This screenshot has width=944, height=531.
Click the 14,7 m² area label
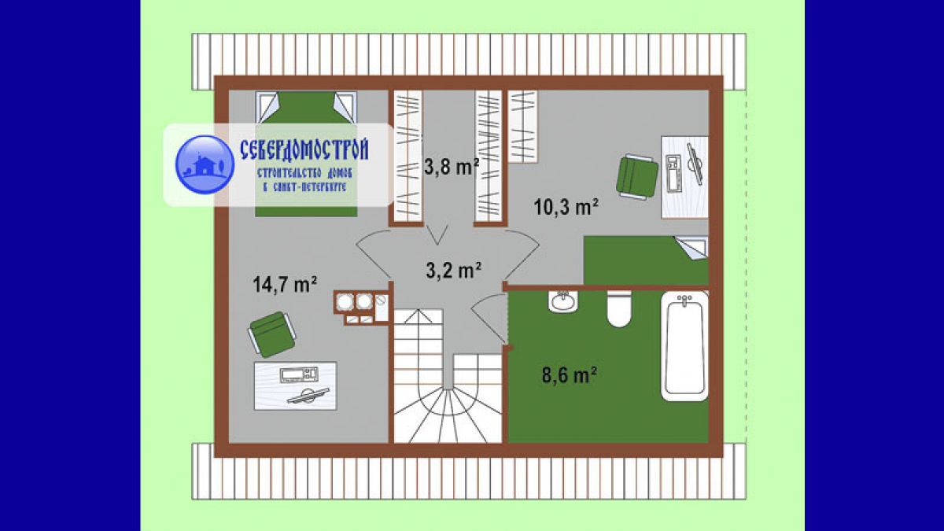click(285, 285)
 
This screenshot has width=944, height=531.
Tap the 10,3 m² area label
click(566, 207)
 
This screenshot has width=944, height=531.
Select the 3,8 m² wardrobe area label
click(452, 167)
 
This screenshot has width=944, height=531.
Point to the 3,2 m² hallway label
click(453, 270)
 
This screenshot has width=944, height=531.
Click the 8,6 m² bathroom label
click(569, 374)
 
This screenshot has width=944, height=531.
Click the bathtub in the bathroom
click(684, 345)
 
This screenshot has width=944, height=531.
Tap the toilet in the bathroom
click(619, 309)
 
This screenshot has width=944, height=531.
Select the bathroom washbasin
click(563, 301)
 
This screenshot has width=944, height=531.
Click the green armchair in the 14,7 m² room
click(272, 334)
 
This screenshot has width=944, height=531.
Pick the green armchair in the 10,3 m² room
click(636, 177)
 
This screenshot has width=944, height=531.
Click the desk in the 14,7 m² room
click(296, 385)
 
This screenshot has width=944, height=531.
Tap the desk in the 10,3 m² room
click(684, 177)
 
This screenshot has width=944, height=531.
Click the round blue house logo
click(205, 164)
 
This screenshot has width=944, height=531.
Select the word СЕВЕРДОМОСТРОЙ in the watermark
click(304, 150)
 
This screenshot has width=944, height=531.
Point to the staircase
click(448, 376)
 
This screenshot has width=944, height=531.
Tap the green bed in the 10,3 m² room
click(646, 260)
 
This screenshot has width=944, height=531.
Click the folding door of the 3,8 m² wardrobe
click(437, 235)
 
